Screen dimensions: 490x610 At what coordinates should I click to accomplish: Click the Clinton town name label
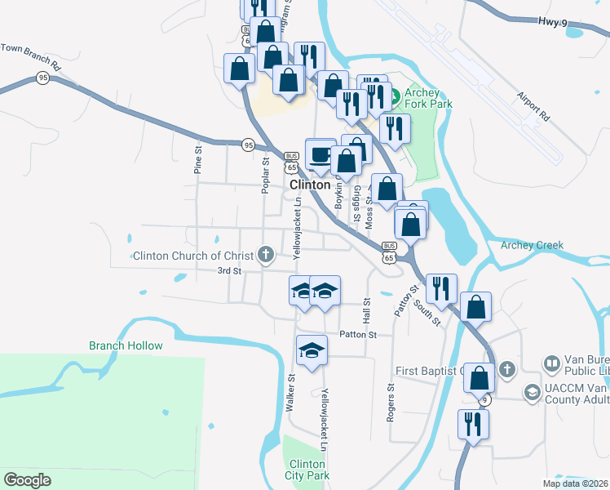coord(310,185)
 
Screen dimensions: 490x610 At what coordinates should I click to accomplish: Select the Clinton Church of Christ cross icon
coord(265,256)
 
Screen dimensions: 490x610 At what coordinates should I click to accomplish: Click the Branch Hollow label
coord(126,345)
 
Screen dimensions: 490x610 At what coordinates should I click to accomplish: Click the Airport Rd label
coord(533,106)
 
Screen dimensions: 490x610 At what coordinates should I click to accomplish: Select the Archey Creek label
coord(532,245)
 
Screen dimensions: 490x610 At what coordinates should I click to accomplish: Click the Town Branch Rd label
coord(31,56)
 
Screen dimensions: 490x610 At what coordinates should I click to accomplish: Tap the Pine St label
coord(197,161)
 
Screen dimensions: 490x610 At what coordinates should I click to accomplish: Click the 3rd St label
coord(229,270)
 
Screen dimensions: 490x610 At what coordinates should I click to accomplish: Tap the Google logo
coord(27,480)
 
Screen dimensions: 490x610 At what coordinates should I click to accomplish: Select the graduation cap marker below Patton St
coord(310,350)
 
